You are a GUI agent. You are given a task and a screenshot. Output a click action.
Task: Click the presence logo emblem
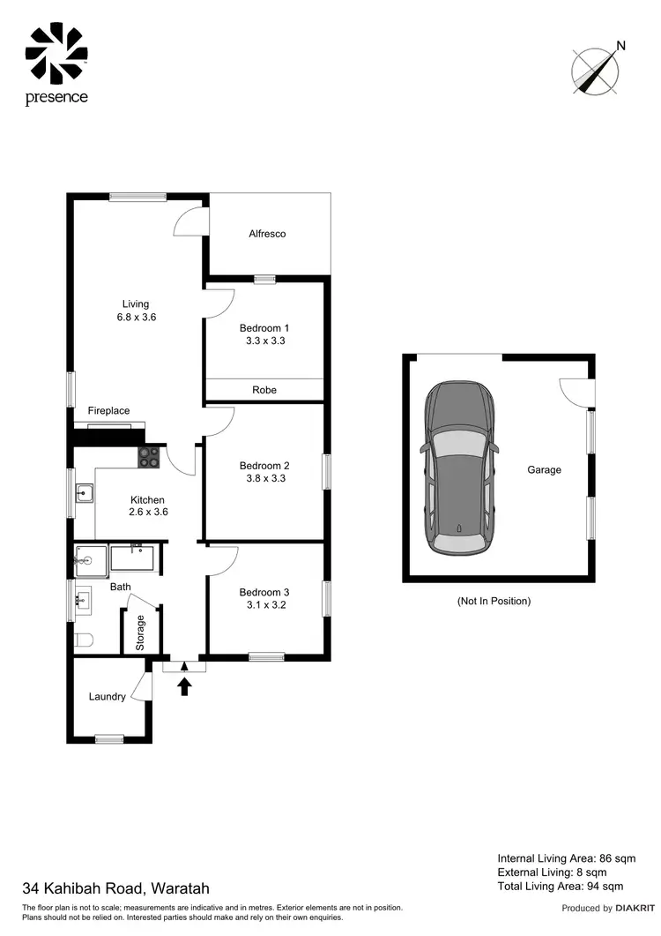click(x=56, y=52)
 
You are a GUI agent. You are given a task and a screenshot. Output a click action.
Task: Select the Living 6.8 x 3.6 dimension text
click(x=136, y=318)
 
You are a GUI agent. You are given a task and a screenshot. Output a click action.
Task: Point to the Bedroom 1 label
click(x=264, y=328)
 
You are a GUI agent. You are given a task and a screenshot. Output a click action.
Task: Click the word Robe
click(x=264, y=390)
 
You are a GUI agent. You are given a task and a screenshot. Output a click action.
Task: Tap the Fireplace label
click(x=108, y=411)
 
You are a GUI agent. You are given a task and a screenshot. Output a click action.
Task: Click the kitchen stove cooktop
click(x=148, y=457)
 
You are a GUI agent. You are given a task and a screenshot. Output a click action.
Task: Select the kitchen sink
click(x=84, y=493)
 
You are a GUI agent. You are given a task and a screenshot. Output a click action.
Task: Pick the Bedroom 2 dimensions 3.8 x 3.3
click(x=264, y=479)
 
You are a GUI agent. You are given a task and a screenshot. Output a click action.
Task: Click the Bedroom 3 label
click(x=264, y=593)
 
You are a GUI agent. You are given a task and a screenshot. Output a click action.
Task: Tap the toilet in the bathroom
click(x=84, y=640)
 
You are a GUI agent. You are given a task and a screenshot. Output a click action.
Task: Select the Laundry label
click(x=108, y=697)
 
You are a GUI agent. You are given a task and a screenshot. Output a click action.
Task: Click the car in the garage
click(x=458, y=469)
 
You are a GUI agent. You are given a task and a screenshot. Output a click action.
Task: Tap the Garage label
click(x=544, y=470)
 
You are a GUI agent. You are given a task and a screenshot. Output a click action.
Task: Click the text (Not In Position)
click(x=494, y=601)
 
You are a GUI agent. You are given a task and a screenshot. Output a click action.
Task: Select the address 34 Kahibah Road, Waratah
click(x=116, y=888)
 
